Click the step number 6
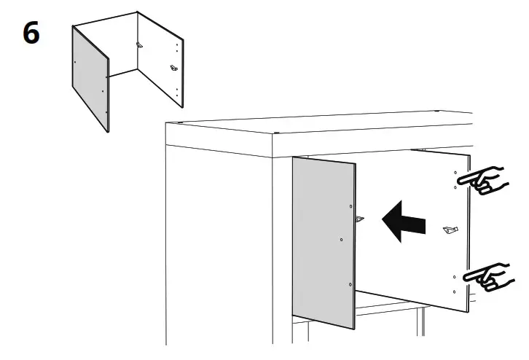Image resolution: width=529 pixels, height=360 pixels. pyautogui.click(x=31, y=34)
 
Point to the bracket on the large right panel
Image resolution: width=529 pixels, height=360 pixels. pyautogui.click(x=450, y=231)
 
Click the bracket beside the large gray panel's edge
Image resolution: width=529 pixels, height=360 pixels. pyautogui.click(x=359, y=218)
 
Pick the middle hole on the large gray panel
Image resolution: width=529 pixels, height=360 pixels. pyautogui.click(x=342, y=238)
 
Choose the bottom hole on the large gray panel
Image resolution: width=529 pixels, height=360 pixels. pyautogui.click(x=350, y=283)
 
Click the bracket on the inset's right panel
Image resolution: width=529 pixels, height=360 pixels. pyautogui.click(x=173, y=68)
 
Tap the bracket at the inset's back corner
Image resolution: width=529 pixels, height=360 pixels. pyautogui.click(x=140, y=44)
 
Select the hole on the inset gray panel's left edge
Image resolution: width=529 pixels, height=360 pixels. pyautogui.click(x=76, y=63)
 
